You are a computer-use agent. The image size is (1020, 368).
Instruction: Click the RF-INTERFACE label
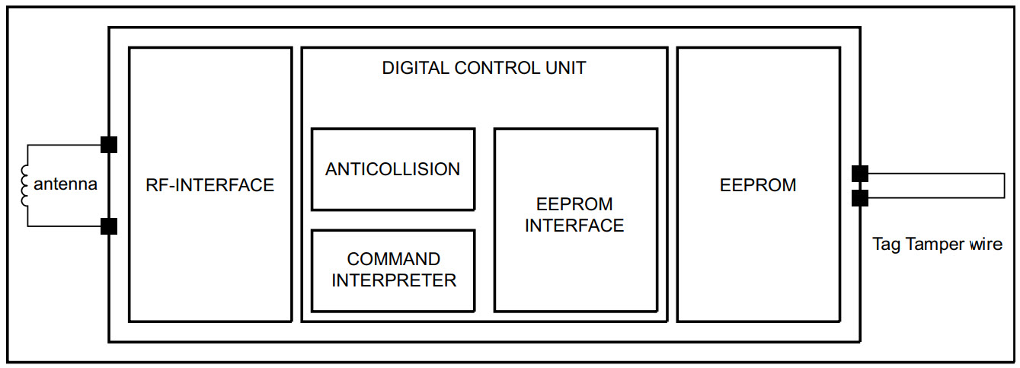(209, 185)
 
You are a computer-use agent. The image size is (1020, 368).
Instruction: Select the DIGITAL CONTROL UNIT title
(484, 68)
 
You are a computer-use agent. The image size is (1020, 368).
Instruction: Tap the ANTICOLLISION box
(393, 169)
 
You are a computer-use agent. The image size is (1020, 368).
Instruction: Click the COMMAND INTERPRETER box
(393, 270)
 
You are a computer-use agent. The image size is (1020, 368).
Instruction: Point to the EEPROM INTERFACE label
(574, 215)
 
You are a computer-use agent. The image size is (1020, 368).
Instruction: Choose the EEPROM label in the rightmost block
(758, 185)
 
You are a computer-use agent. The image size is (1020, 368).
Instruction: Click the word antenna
(66, 184)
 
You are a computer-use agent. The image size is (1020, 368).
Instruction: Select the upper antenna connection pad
(109, 145)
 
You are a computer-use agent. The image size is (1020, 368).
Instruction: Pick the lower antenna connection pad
(109, 226)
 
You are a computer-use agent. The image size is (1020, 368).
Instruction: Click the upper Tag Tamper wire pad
(860, 174)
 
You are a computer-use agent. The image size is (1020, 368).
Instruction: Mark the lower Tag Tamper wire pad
(860, 198)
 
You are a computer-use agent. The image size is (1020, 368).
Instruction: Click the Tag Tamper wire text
(937, 245)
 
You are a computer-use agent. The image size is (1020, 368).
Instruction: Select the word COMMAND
(394, 260)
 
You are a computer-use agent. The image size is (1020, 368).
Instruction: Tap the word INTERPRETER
(394, 280)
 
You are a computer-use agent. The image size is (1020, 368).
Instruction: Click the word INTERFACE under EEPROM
(574, 226)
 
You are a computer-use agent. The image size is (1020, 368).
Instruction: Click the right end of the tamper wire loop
(1003, 186)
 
